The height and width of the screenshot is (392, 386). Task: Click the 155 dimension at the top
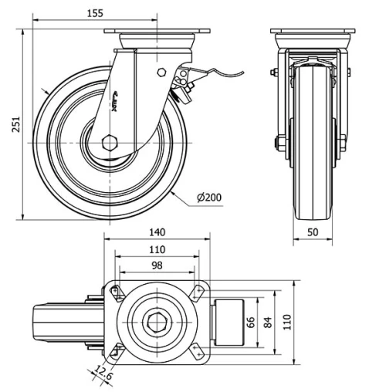(x=95, y=13)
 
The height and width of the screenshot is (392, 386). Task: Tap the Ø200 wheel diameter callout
(x=208, y=198)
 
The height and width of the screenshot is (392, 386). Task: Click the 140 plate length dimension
(x=157, y=232)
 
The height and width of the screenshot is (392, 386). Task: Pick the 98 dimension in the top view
(x=157, y=265)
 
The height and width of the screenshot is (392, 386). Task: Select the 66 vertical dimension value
(x=250, y=323)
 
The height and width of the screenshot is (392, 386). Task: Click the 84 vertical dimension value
(x=268, y=323)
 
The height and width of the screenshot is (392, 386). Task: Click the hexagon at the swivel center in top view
(x=157, y=323)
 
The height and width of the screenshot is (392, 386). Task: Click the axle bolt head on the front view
(x=276, y=143)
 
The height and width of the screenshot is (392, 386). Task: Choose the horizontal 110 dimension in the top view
(x=157, y=249)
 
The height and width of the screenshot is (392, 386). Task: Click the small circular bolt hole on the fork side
(x=161, y=73)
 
